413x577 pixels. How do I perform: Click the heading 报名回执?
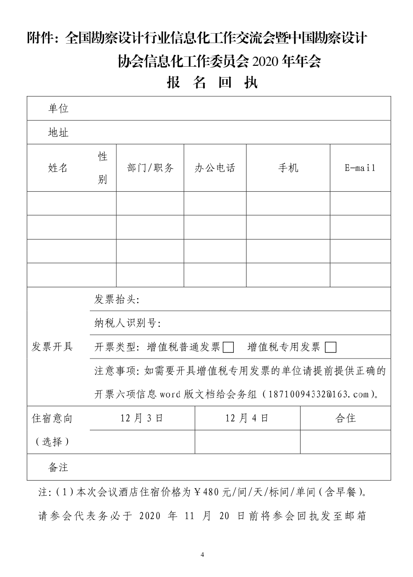coord(212,83)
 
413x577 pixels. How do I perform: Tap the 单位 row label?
coord(58,109)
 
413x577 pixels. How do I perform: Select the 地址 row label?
coord(58,133)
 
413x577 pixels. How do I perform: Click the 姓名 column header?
coord(58,168)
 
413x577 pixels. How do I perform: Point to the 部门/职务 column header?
coord(150,168)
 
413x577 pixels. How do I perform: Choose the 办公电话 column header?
coord(215,168)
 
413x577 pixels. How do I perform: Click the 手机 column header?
coord(288,168)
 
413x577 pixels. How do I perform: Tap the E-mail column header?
coord(360,168)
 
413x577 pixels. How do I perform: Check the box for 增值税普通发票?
coord(228,347)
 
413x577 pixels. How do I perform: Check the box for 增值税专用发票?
coord(331,347)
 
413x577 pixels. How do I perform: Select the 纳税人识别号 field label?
coord(128,323)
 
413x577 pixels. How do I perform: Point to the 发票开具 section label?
coord(52,347)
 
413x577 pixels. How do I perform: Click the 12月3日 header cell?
coord(142,418)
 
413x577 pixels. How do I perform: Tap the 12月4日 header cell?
coord(247,418)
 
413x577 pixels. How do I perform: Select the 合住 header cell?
coord(345,418)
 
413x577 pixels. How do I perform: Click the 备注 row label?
coord(58,467)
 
